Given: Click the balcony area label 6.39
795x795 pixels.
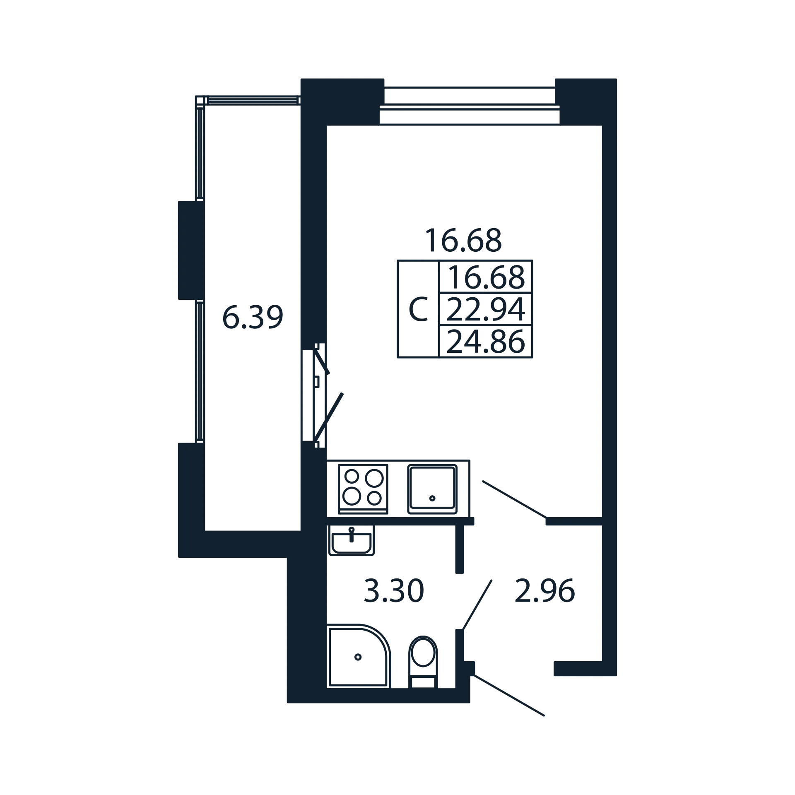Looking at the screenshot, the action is coord(253,317).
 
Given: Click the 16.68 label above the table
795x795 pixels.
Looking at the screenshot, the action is coord(463,240).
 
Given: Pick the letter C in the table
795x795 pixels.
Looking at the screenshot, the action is coord(418,309).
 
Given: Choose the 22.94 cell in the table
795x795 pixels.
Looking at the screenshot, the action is coord(486,310).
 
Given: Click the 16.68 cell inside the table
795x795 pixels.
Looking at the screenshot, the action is coord(486,277).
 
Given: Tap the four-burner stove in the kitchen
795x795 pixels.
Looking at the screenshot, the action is coord(363,489).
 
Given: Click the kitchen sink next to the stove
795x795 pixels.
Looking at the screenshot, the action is coord(432,489).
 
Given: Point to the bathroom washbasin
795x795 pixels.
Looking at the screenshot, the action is coord(352,540).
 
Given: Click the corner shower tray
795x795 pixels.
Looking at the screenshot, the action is coord(359,656).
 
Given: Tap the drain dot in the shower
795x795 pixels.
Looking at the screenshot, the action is coord(358,657).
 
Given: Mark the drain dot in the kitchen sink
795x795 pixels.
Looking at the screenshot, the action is coord(432,498).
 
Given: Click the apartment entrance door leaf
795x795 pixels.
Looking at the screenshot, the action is coord(509,695).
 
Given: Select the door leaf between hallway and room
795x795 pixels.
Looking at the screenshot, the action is coord(515,499).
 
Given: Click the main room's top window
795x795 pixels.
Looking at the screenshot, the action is coord(470,106).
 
